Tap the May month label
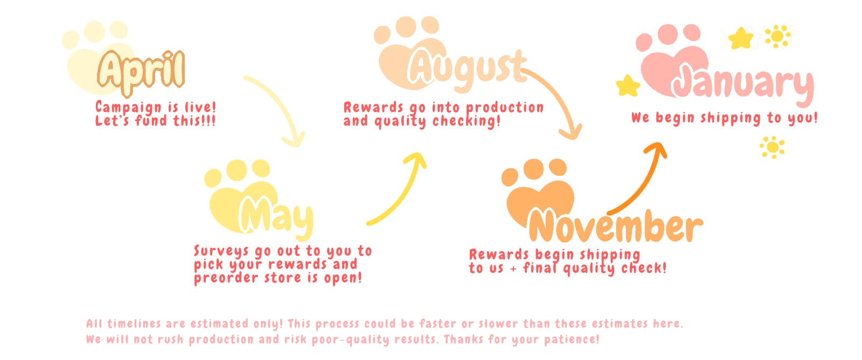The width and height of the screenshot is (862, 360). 275,218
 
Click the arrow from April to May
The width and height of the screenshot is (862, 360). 280,102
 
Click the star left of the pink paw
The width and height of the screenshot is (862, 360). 628,86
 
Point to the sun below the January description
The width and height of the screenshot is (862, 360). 772,147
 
